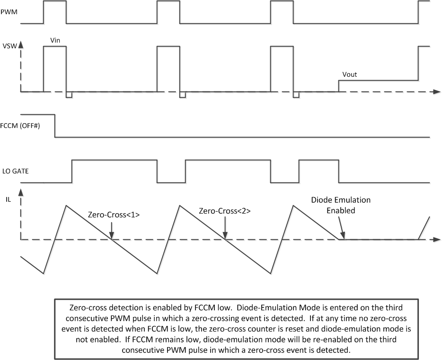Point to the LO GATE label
[x=14, y=171]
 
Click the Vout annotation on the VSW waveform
[x=351, y=75]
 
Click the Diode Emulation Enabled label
[x=340, y=206]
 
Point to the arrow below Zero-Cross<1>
[x=111, y=229]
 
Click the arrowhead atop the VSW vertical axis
[x=21, y=46]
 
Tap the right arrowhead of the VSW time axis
[x=436, y=91]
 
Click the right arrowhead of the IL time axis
[x=436, y=240]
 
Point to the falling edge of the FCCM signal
[x=55, y=126]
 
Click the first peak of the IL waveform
[x=66, y=205]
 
